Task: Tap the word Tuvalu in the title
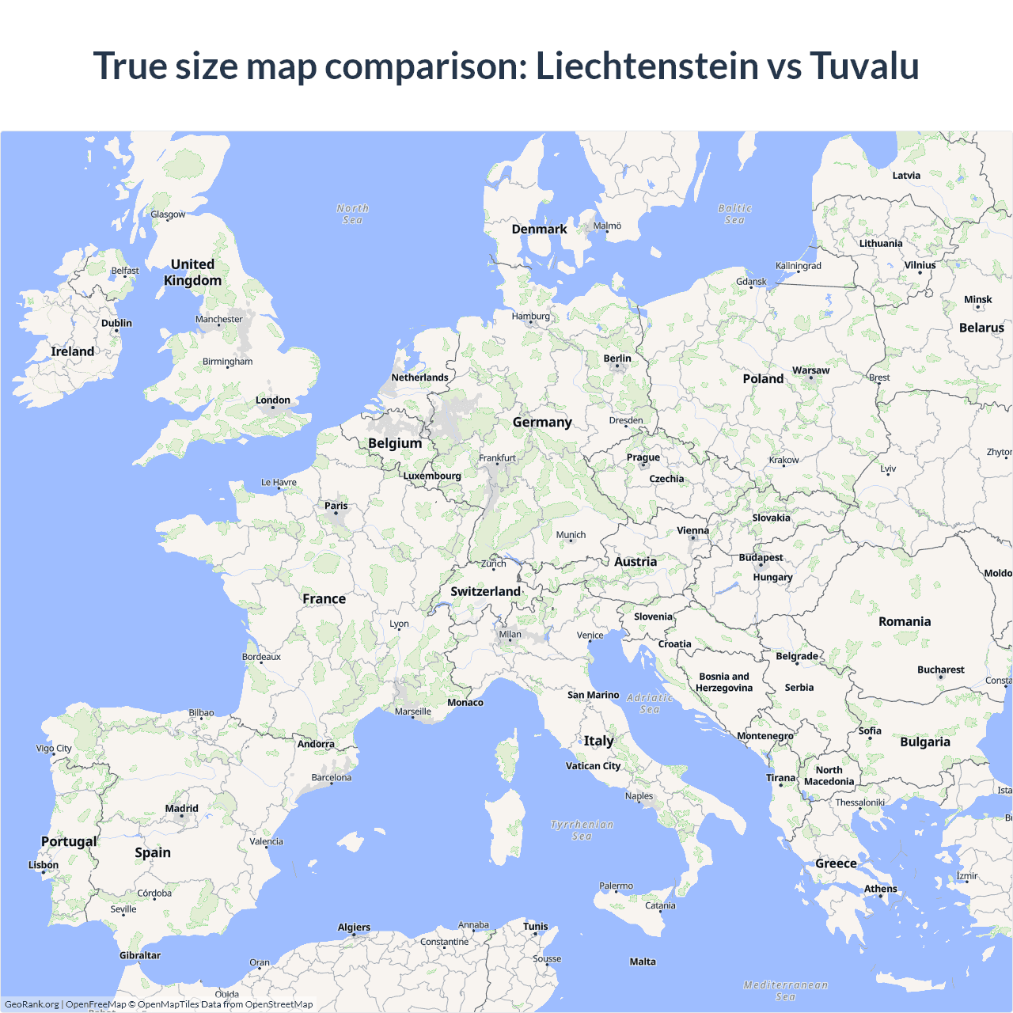point(863,66)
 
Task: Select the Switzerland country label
point(485,591)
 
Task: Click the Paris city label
point(336,506)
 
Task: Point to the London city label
point(273,400)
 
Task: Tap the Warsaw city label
point(810,370)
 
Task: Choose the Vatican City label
point(593,766)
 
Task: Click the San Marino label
point(593,695)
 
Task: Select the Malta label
point(643,962)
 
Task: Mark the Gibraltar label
point(140,955)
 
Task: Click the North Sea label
point(352,214)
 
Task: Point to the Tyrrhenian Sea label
point(582,830)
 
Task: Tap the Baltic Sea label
point(734,214)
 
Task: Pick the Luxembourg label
point(432,476)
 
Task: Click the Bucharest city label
point(940,670)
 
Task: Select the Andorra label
point(316,744)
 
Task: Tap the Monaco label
point(465,703)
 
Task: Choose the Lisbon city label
point(44,865)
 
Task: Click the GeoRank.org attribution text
point(32,1004)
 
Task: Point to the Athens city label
point(880,889)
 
